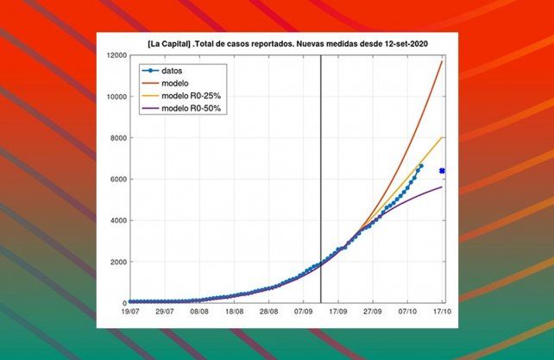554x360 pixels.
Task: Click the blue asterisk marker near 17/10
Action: click(442, 171)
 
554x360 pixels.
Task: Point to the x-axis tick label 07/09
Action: click(304, 313)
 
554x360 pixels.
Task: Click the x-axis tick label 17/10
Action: click(441, 313)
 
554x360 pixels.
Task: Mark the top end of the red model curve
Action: click(443, 61)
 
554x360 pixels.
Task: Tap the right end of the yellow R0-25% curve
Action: click(443, 137)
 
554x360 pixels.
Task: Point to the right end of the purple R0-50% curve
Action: click(443, 187)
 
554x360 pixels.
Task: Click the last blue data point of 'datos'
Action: click(421, 166)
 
